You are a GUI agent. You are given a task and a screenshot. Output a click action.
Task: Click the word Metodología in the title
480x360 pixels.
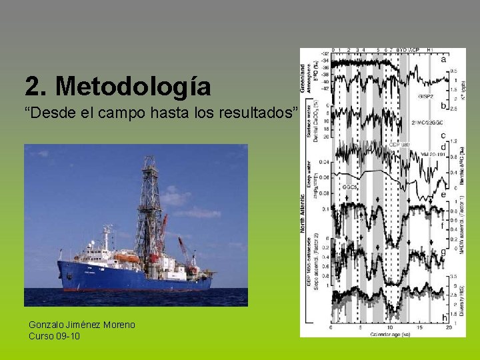[x=134, y=87]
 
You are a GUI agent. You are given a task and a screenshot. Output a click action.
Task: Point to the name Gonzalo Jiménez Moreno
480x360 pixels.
[x=81, y=325]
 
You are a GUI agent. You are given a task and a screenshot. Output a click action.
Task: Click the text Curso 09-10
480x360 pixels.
[x=54, y=336]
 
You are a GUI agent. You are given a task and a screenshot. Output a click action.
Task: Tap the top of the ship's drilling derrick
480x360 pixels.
[x=149, y=160]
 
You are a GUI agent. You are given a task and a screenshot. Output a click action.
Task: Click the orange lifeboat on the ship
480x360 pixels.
[x=127, y=257]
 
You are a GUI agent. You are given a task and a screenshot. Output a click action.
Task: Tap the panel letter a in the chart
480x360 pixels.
[x=443, y=59]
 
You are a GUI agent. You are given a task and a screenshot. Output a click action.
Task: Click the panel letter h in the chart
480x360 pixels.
[x=444, y=318]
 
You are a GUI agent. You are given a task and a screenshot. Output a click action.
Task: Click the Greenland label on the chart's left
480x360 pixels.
[x=304, y=77]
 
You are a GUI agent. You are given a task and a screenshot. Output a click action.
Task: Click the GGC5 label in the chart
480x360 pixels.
[x=350, y=187]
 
